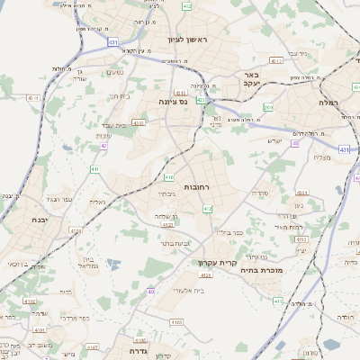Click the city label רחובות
pos(196,186)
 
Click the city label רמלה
pos(327,103)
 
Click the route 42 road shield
pos(104,145)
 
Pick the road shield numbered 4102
pos(31,301)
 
